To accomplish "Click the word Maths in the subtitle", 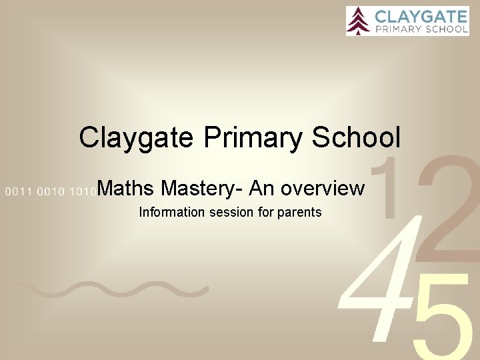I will pos(127,189).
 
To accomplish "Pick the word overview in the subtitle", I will pos(323,189).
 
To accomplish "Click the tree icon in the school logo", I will pos(359,20).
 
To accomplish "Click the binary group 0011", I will pos(18,192).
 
